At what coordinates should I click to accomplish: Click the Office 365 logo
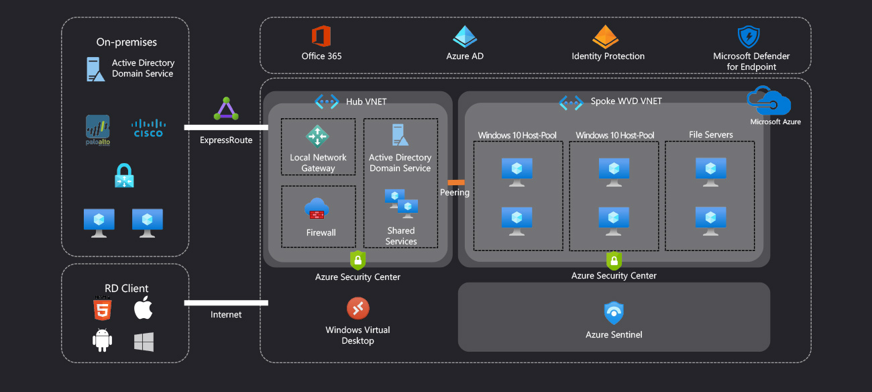pos(321,36)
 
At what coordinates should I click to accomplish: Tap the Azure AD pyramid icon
pos(464,36)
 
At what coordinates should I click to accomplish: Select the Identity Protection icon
pos(605,37)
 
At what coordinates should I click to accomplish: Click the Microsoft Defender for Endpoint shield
pos(748,37)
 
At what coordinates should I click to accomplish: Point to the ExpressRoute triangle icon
pos(226,109)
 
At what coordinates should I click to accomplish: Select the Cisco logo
pos(148,128)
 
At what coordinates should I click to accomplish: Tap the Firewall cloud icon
pos(316,209)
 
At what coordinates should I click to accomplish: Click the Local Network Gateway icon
pos(317,136)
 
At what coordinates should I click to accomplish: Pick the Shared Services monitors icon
pos(401,203)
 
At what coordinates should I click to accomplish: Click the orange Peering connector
pos(456,182)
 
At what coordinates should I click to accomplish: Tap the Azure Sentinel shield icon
pos(613,313)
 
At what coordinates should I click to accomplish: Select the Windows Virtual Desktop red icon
pos(358,308)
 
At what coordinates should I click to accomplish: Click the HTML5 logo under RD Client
pos(103,308)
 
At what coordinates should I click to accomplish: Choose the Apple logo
pos(144,308)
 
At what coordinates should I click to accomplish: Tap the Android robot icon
pos(102,341)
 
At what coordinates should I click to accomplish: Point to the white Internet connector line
pos(226,303)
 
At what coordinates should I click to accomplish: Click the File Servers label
pos(711,135)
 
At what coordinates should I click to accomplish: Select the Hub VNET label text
pos(366,101)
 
